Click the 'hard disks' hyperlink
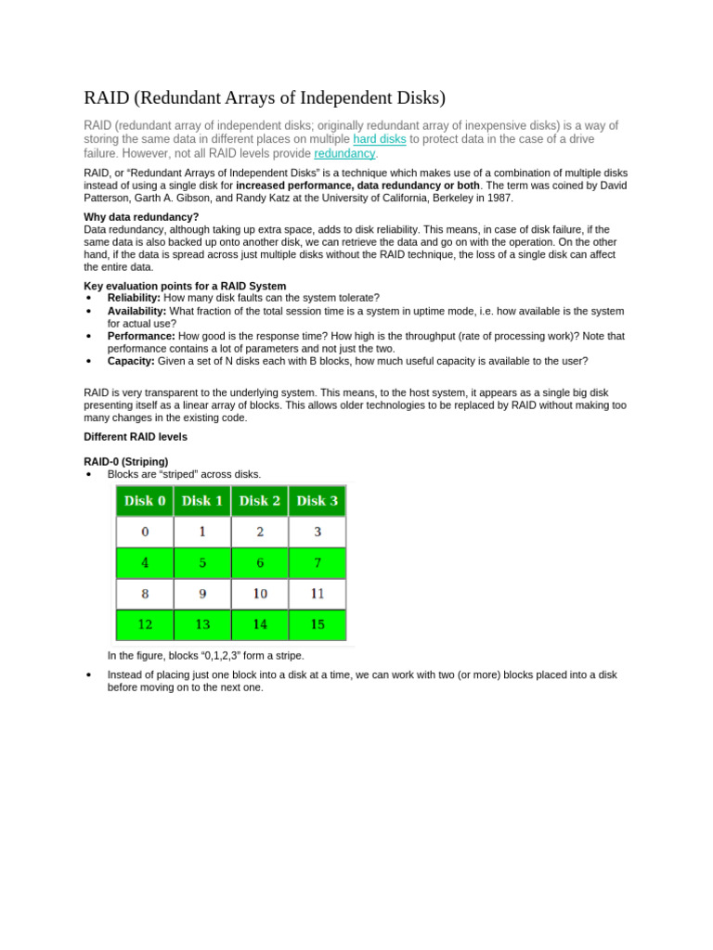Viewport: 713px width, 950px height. (380, 139)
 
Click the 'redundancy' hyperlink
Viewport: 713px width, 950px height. (344, 153)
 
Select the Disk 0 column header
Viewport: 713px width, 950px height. (145, 501)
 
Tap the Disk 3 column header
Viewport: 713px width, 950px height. (318, 501)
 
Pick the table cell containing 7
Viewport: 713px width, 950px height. (318, 563)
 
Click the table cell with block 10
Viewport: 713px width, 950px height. (260, 594)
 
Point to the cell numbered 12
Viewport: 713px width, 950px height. (145, 624)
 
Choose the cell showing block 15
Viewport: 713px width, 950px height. (318, 624)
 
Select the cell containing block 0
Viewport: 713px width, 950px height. (145, 533)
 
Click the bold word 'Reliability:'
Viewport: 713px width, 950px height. (135, 298)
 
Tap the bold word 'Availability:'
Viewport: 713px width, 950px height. (136, 312)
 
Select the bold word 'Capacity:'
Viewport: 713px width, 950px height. (132, 361)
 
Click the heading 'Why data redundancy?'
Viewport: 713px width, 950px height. (141, 217)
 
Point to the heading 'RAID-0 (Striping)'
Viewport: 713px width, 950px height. (126, 461)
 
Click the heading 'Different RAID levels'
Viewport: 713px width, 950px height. (136, 437)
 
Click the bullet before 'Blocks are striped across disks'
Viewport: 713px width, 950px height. (87, 475)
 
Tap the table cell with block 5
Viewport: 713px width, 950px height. (202, 563)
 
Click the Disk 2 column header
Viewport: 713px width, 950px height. (260, 501)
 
